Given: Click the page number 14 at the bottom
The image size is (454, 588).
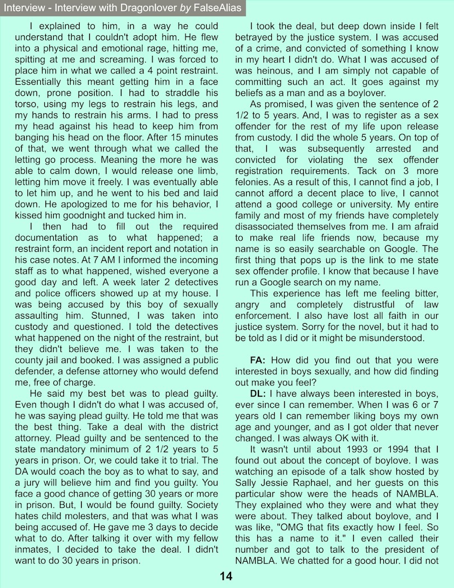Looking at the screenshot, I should [226, 576].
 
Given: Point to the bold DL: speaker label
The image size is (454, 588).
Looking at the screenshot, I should [258, 397].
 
